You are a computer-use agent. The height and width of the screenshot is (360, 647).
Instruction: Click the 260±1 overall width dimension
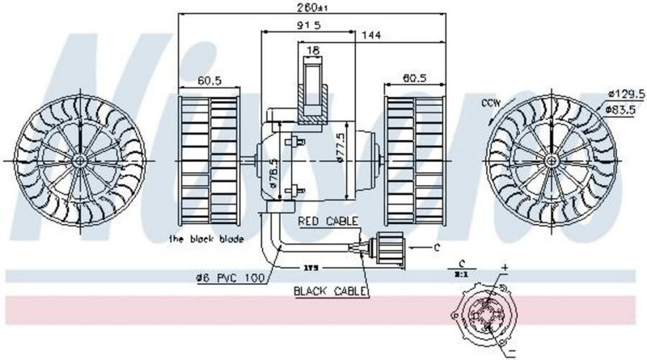[x=312, y=9]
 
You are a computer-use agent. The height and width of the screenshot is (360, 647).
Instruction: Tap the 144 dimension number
[x=371, y=35]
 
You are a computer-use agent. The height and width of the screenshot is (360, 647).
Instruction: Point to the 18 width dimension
[x=312, y=50]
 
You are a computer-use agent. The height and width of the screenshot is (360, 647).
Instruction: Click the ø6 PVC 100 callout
[x=230, y=278]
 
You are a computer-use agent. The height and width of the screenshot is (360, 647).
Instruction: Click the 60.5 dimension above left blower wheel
[x=210, y=79]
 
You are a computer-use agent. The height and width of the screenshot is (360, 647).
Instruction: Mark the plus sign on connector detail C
[x=504, y=266]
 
